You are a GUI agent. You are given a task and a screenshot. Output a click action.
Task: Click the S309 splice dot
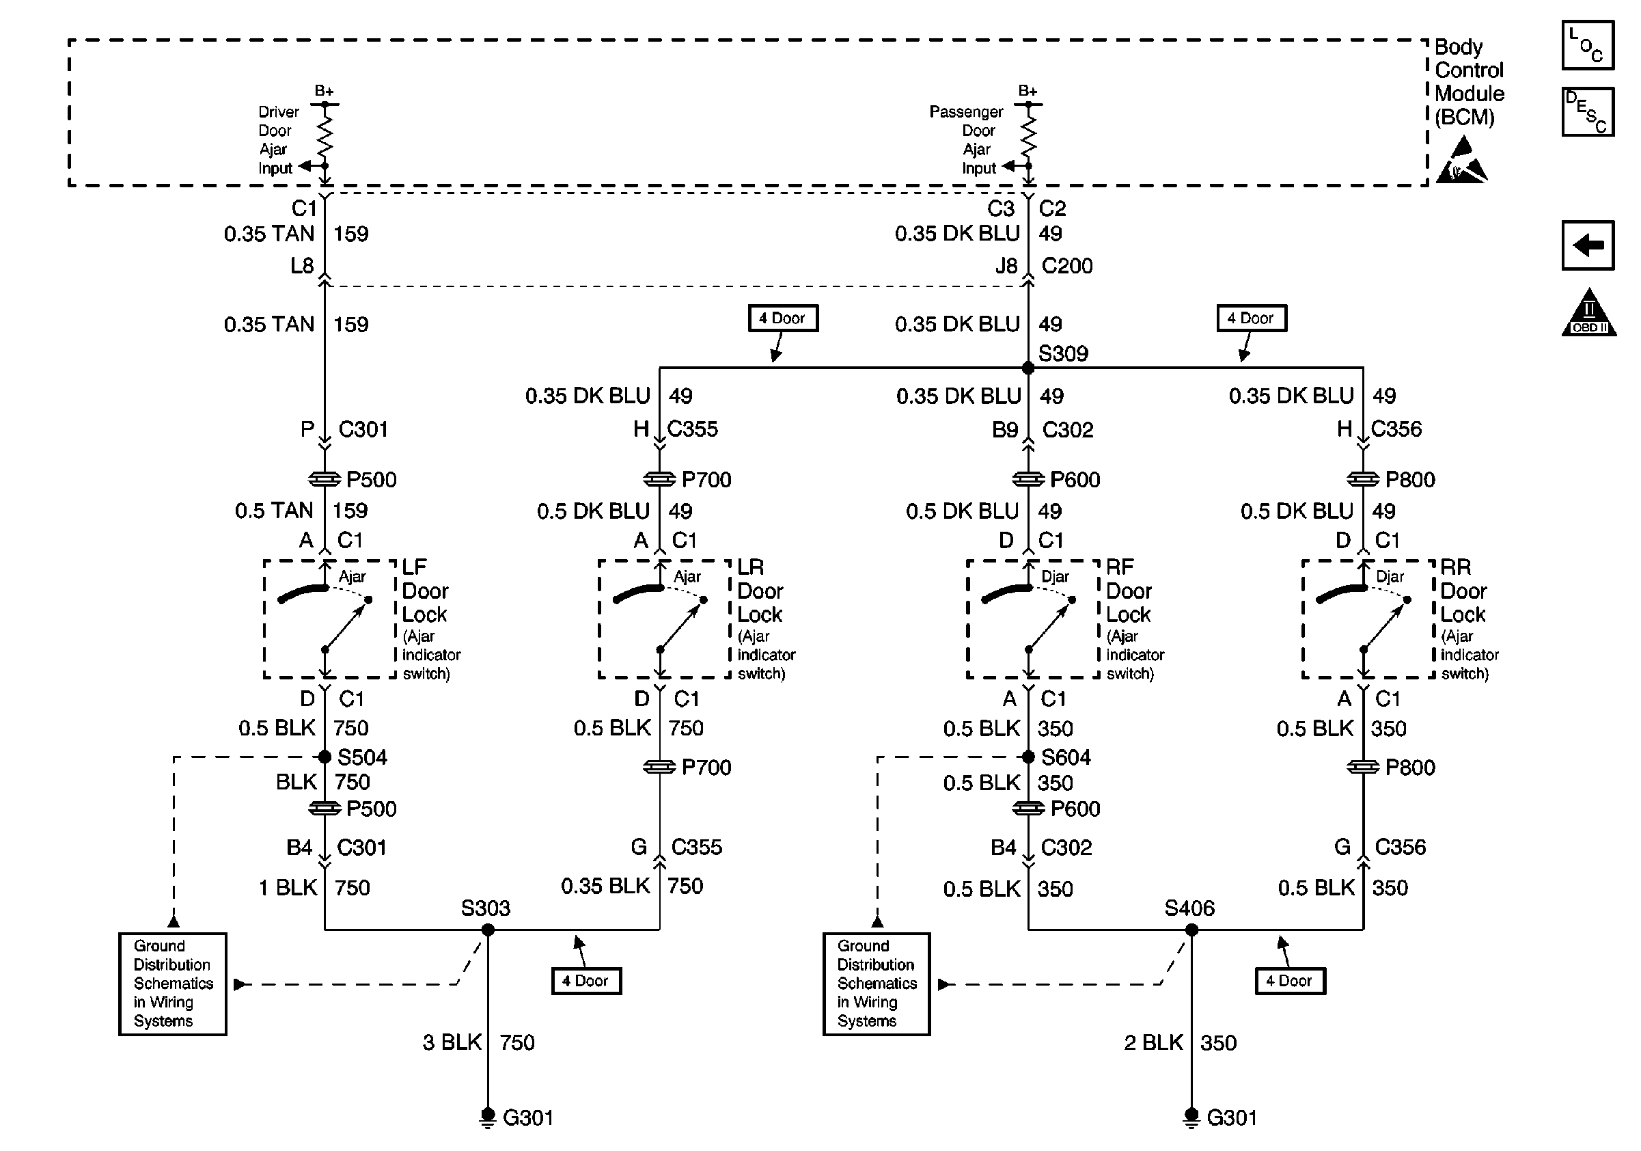(x=1028, y=368)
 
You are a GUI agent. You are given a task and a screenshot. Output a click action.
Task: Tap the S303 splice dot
(x=488, y=930)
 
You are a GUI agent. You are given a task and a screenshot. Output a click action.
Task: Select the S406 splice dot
(x=1191, y=930)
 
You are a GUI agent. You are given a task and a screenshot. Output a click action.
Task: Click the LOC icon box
(x=1588, y=46)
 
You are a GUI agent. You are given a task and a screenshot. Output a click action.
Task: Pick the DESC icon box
(x=1588, y=112)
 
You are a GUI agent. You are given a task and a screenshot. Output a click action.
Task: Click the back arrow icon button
(x=1588, y=245)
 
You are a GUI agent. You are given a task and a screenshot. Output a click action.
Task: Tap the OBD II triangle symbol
(x=1588, y=314)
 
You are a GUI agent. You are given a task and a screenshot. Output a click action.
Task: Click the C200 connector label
(x=1066, y=266)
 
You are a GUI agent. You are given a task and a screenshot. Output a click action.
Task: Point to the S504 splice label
(x=361, y=757)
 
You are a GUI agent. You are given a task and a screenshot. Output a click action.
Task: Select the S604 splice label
(x=1066, y=757)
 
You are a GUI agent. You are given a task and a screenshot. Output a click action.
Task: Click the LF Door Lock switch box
(x=329, y=619)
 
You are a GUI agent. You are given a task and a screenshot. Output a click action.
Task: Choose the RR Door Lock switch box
(x=1368, y=619)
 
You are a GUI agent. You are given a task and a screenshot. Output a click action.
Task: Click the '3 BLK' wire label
(x=452, y=1042)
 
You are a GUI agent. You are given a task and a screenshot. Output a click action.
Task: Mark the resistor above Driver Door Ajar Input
(x=325, y=136)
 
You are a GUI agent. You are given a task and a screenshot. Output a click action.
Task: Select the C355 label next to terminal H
(x=692, y=429)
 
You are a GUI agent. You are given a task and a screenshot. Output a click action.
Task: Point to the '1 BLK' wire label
(x=288, y=888)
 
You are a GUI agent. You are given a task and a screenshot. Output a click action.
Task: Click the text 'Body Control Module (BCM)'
(x=1468, y=81)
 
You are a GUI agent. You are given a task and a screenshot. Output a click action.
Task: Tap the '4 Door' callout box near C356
(x=1252, y=318)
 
